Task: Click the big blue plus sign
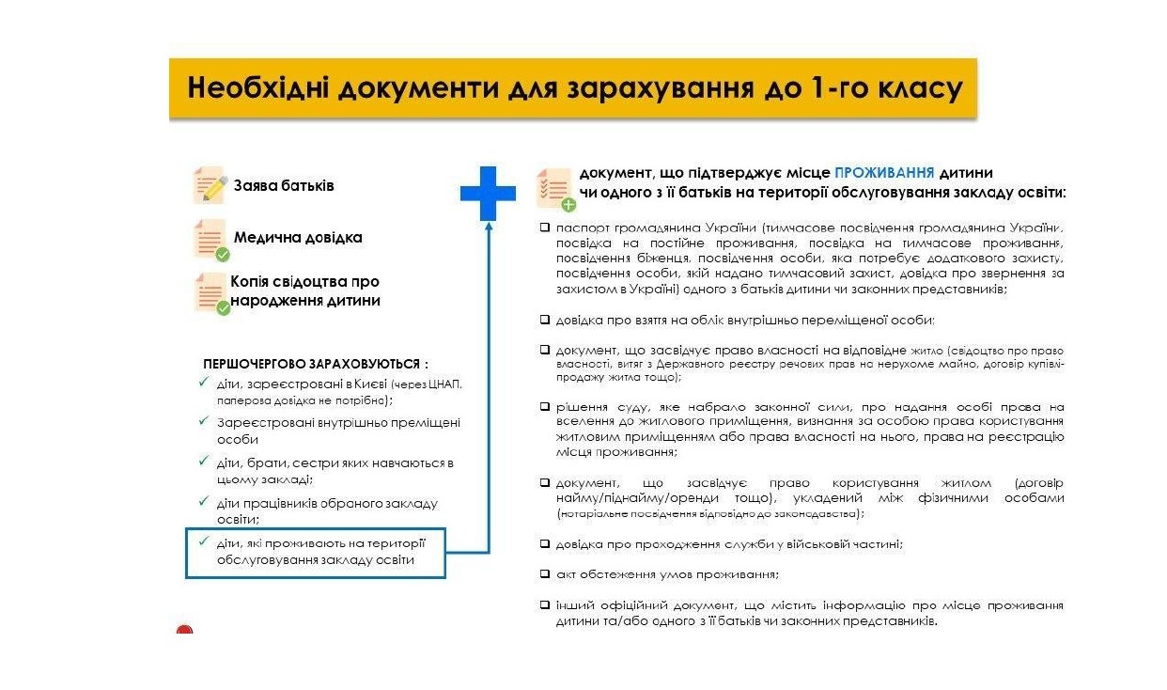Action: click(488, 194)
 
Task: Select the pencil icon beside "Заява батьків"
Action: click(210, 185)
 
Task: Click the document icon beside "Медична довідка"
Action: click(210, 239)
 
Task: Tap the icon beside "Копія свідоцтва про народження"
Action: click(210, 292)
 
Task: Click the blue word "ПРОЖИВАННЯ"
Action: click(883, 173)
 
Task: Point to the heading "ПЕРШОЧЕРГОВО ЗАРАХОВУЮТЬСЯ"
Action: click(316, 363)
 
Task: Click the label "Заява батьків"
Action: click(284, 185)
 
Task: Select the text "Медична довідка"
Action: click(298, 238)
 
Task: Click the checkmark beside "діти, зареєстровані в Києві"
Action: click(203, 383)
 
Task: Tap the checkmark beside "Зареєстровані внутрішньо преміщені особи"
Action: click(203, 422)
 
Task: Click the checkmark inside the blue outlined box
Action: click(203, 542)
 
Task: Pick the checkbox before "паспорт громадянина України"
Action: click(545, 227)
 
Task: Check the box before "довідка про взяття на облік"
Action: click(545, 319)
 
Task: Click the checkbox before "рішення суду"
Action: click(545, 406)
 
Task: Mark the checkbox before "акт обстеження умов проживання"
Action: click(545, 573)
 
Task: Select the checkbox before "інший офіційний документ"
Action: click(545, 604)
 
